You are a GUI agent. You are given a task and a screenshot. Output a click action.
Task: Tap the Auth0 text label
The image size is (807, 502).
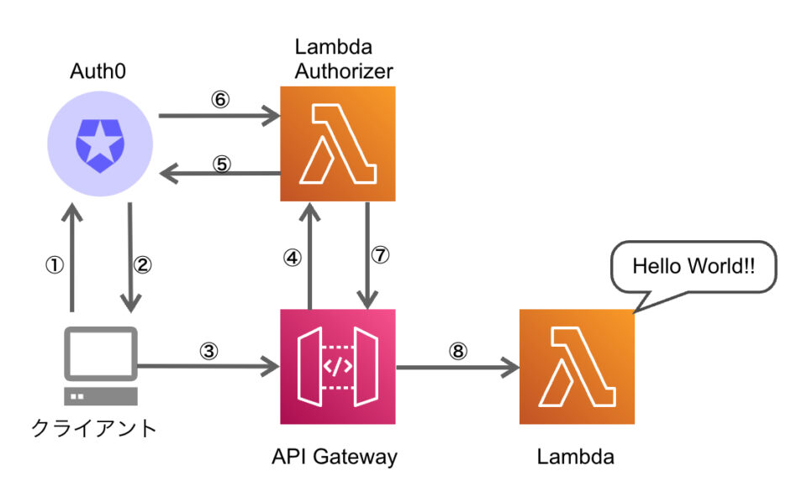98,71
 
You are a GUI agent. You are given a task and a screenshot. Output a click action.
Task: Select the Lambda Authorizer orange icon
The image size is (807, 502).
337,144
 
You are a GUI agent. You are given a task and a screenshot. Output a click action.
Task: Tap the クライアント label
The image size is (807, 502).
93,428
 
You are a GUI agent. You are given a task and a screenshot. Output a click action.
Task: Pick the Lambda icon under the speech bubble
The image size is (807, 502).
577,366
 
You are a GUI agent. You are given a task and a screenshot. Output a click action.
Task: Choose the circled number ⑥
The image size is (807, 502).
219,99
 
